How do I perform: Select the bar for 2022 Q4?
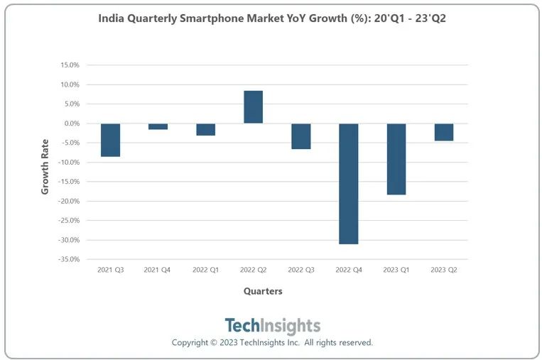[x=348, y=183]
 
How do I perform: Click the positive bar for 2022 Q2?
[x=253, y=107]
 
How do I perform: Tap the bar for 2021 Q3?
[x=110, y=140]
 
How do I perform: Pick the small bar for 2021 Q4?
[x=158, y=126]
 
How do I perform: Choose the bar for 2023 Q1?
[x=396, y=159]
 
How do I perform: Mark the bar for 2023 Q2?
[x=444, y=132]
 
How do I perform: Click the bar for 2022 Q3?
[x=300, y=136]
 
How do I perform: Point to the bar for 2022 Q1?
[x=205, y=129]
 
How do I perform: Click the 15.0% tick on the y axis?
[x=69, y=65]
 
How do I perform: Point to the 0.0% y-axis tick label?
[x=71, y=124]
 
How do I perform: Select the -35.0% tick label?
[x=67, y=259]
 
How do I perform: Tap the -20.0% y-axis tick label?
[x=67, y=201]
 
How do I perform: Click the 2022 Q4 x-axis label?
[x=348, y=270]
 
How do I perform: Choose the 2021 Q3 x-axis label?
[x=110, y=270]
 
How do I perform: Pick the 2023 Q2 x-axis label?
[x=444, y=270]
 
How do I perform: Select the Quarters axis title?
[x=263, y=291]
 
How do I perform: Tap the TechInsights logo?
[x=272, y=326]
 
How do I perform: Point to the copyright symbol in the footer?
[x=215, y=343]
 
